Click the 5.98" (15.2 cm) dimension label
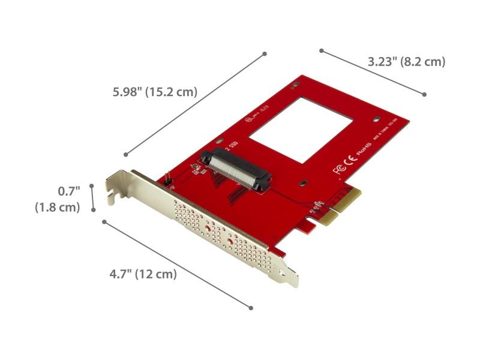pyautogui.click(x=155, y=92)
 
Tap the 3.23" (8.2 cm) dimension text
pyautogui.click(x=406, y=61)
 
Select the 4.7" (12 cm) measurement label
pyautogui.click(x=143, y=274)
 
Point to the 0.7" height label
pyautogui.click(x=68, y=191)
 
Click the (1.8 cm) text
pyautogui.click(x=57, y=207)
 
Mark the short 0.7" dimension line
pyautogui.click(x=92, y=197)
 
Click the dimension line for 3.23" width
pyautogui.click(x=373, y=73)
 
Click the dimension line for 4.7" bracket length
pyautogui.click(x=177, y=265)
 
